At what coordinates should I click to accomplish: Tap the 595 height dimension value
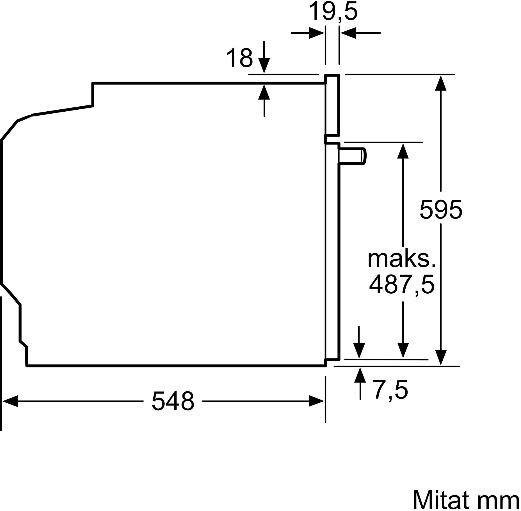[x=441, y=210]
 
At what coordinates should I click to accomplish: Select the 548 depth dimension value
[x=173, y=401]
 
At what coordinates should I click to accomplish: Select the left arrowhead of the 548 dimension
[x=10, y=401]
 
